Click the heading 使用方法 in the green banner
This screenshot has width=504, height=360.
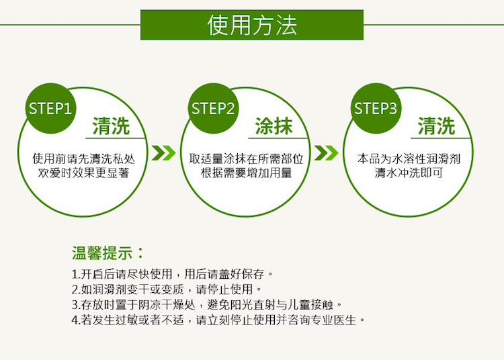252,25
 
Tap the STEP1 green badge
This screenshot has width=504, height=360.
50,109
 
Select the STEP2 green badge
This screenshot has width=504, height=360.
213,109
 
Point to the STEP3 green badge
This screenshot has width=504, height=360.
376,109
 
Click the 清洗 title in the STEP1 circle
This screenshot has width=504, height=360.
111,126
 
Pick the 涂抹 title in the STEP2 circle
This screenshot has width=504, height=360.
274,126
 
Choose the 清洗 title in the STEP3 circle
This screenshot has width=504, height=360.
437,126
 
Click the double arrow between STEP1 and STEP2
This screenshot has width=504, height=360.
163,153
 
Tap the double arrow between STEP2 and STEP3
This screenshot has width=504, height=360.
326,153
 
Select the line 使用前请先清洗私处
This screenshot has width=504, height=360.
83,159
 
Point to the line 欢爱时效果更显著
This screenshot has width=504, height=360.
83,173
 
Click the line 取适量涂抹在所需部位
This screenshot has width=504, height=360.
246,159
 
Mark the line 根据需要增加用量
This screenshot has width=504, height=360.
246,173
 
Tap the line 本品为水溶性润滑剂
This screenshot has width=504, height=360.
409,159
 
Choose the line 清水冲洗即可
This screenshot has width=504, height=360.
409,173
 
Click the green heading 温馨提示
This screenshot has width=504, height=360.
108,253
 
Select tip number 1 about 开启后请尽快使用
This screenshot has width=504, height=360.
172,274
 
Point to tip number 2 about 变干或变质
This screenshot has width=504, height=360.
167,289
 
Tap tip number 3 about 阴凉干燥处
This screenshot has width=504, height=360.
207,304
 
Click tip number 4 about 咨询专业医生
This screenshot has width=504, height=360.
218,320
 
